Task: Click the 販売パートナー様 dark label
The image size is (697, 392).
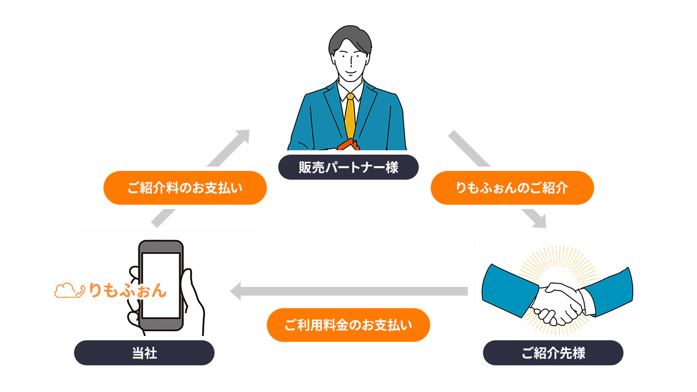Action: (x=348, y=167)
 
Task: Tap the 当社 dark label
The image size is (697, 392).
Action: (x=144, y=353)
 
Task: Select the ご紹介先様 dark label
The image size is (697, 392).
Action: (x=553, y=353)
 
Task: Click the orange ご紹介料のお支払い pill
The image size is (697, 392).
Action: (x=185, y=188)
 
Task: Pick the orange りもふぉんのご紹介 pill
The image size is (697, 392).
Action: (x=512, y=188)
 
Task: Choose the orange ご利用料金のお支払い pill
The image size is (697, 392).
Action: (x=348, y=325)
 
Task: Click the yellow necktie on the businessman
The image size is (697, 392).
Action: (x=350, y=117)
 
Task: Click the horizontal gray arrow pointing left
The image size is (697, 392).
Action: (x=348, y=291)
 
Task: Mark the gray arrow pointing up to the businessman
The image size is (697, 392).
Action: (x=201, y=177)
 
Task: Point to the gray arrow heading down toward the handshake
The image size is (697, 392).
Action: (x=496, y=177)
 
